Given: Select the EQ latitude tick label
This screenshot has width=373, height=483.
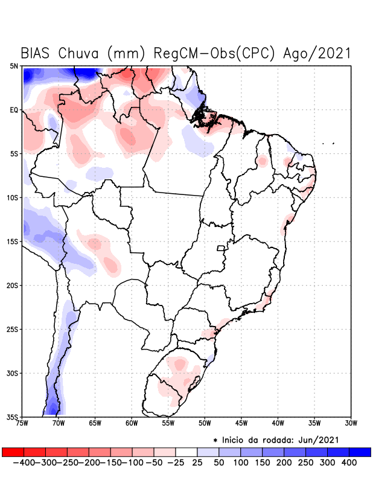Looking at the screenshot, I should pyautogui.click(x=14, y=110).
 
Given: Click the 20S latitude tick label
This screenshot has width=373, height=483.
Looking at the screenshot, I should pyautogui.click(x=13, y=285).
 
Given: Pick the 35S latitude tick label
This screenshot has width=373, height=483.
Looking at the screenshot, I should pyautogui.click(x=13, y=417).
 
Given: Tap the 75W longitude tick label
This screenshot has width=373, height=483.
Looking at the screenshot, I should pyautogui.click(x=22, y=423).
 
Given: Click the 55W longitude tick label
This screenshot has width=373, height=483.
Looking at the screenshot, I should pyautogui.click(x=168, y=423).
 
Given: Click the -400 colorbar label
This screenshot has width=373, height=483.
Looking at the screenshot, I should pyautogui.click(x=22, y=462).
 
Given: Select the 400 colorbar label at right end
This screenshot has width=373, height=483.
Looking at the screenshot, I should pyautogui.click(x=348, y=462).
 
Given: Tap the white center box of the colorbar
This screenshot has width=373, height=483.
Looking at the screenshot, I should pyautogui.click(x=186, y=452).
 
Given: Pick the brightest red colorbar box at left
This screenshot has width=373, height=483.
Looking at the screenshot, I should pyautogui.click(x=13, y=452).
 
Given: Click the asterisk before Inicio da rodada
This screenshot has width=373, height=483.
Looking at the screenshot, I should pyautogui.click(x=215, y=440).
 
